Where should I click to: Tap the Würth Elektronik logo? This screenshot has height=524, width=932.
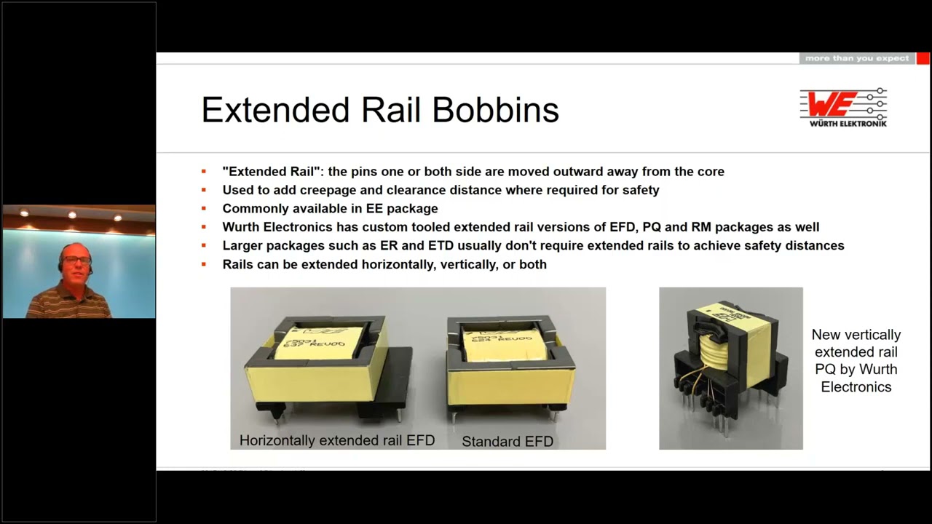[x=843, y=107]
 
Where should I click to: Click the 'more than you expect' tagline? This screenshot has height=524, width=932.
[x=857, y=58]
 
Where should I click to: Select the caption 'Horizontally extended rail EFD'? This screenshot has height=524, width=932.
[x=336, y=440]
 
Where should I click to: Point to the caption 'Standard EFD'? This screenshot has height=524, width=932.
[x=508, y=441]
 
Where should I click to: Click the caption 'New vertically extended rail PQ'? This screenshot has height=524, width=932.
[x=856, y=360]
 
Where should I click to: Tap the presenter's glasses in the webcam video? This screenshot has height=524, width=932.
[x=76, y=259]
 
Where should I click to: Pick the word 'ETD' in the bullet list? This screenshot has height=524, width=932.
[x=416, y=245]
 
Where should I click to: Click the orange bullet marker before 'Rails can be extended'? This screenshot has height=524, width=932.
[x=205, y=264]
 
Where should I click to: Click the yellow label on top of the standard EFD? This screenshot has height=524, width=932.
[x=502, y=344]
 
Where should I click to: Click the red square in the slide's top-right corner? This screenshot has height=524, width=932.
[x=923, y=58]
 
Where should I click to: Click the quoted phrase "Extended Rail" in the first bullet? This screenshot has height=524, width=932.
[x=272, y=172]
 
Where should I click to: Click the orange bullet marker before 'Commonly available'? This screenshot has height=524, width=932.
[x=205, y=209]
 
